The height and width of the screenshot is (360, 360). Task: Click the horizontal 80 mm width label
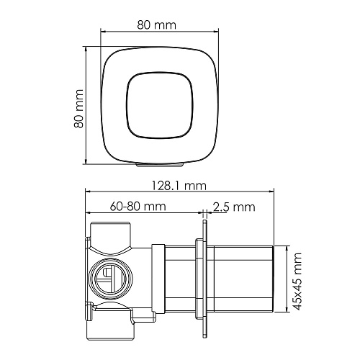(x=156, y=25)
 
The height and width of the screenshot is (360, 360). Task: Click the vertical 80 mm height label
(x=78, y=109)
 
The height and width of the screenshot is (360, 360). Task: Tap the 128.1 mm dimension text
(x=179, y=186)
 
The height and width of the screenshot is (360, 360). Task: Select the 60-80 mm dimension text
(x=138, y=207)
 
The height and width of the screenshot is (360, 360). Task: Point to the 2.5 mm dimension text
(x=234, y=207)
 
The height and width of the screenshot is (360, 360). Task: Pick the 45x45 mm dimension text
(x=297, y=282)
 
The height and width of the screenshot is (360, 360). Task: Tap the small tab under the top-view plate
(x=160, y=165)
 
